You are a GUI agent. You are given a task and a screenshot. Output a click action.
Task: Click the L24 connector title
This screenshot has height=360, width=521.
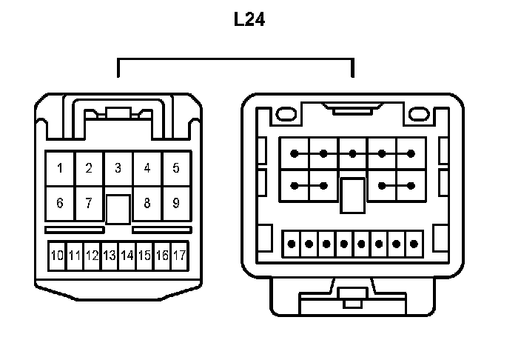tap(249, 20)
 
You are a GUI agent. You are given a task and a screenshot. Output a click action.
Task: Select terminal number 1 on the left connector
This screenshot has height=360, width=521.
tap(60, 168)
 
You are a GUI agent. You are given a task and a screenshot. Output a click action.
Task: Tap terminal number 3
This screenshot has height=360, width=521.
tap(118, 168)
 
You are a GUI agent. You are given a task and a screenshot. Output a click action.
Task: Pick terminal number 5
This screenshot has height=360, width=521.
tap(176, 168)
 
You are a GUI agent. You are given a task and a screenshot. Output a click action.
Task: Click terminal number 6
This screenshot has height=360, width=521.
tap(60, 203)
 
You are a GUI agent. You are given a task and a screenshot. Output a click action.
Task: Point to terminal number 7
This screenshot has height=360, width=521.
tap(89, 203)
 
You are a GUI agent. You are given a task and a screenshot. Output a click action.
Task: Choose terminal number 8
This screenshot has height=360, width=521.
tap(147, 203)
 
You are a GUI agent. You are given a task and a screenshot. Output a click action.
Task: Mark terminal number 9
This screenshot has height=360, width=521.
tap(176, 203)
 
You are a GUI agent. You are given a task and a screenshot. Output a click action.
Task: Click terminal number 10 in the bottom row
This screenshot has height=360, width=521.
tap(57, 256)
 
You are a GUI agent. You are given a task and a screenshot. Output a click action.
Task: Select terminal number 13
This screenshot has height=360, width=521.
tap(110, 256)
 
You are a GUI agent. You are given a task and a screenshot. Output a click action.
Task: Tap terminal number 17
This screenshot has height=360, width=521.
tap(178, 256)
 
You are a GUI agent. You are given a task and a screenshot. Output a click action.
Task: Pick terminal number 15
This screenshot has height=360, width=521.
tap(144, 256)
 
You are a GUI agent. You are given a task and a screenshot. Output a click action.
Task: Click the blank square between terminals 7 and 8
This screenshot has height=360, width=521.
tap(118, 209)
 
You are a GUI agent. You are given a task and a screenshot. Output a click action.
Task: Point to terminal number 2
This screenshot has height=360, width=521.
tap(89, 168)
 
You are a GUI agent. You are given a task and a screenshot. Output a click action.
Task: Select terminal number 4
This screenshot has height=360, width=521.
tap(147, 168)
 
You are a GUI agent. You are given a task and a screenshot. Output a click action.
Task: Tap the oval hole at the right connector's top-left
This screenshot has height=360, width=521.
tap(285, 116)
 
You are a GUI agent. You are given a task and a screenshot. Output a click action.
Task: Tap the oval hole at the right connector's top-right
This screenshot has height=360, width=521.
tap(420, 116)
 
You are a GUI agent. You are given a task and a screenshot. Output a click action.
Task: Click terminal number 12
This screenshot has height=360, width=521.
tap(92, 256)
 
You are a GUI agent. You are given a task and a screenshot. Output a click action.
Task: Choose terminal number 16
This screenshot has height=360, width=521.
tap(161, 256)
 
